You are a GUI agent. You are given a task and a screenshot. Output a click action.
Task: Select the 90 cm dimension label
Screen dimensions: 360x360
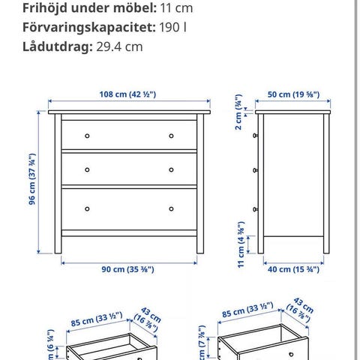click(130, 271)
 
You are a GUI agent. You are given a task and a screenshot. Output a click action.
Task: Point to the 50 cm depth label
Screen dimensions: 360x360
click(293, 94)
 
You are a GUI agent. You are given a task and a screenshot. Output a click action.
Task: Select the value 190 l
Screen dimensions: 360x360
click(174, 27)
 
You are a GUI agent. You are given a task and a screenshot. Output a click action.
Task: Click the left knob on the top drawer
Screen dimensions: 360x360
click(88, 136)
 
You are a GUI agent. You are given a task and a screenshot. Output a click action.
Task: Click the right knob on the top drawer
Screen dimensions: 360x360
click(171, 136)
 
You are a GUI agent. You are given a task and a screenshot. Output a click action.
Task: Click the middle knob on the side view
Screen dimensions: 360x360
click(256, 169)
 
